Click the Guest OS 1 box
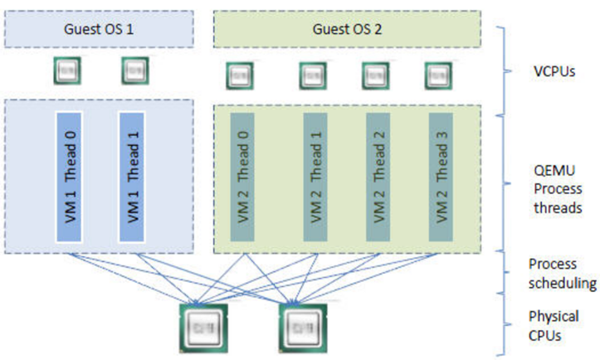(x=98, y=28)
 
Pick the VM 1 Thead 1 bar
(x=132, y=175)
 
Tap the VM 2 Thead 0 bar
(x=241, y=176)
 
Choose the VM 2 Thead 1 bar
(x=315, y=176)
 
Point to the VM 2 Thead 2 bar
(x=378, y=176)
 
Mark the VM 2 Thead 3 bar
(x=441, y=176)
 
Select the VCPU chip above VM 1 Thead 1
(x=134, y=71)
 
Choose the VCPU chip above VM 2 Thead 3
(x=437, y=75)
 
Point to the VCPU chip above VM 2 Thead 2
(x=375, y=75)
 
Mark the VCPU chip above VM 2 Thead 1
(x=312, y=75)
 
